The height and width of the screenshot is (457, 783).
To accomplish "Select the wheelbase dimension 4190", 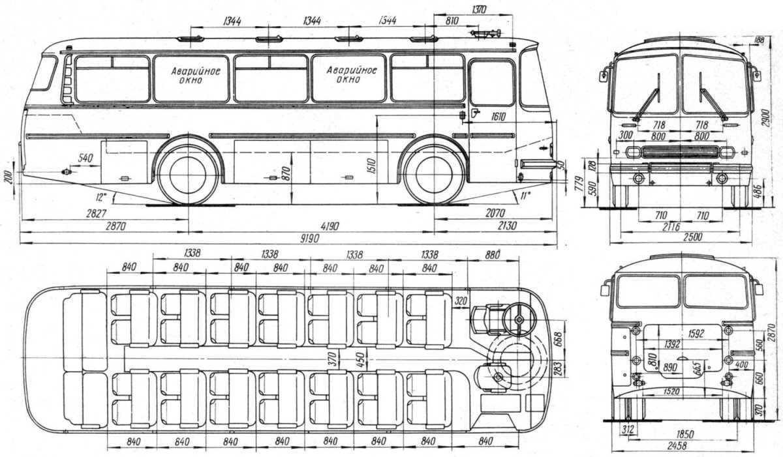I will click(x=311, y=226).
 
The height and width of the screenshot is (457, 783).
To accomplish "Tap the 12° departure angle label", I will click(x=100, y=196).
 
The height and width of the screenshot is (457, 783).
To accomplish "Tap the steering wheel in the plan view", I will click(x=519, y=319).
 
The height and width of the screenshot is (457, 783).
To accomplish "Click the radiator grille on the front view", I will click(x=680, y=152).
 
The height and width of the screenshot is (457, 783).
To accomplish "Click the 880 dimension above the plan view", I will click(x=494, y=254).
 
